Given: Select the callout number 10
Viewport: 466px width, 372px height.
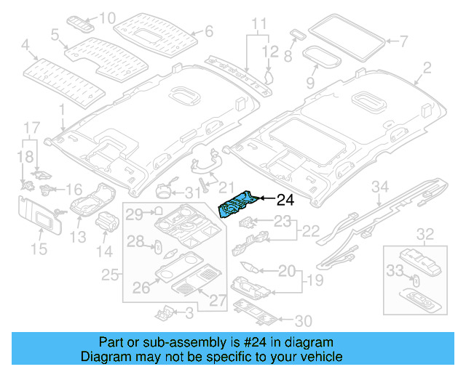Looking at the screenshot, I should point(108,17).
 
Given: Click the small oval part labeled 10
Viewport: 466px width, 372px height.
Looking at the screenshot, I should point(80,21).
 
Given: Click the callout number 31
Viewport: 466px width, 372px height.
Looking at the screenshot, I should point(191,193).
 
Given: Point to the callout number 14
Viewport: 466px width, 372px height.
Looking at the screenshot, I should point(106,251).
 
